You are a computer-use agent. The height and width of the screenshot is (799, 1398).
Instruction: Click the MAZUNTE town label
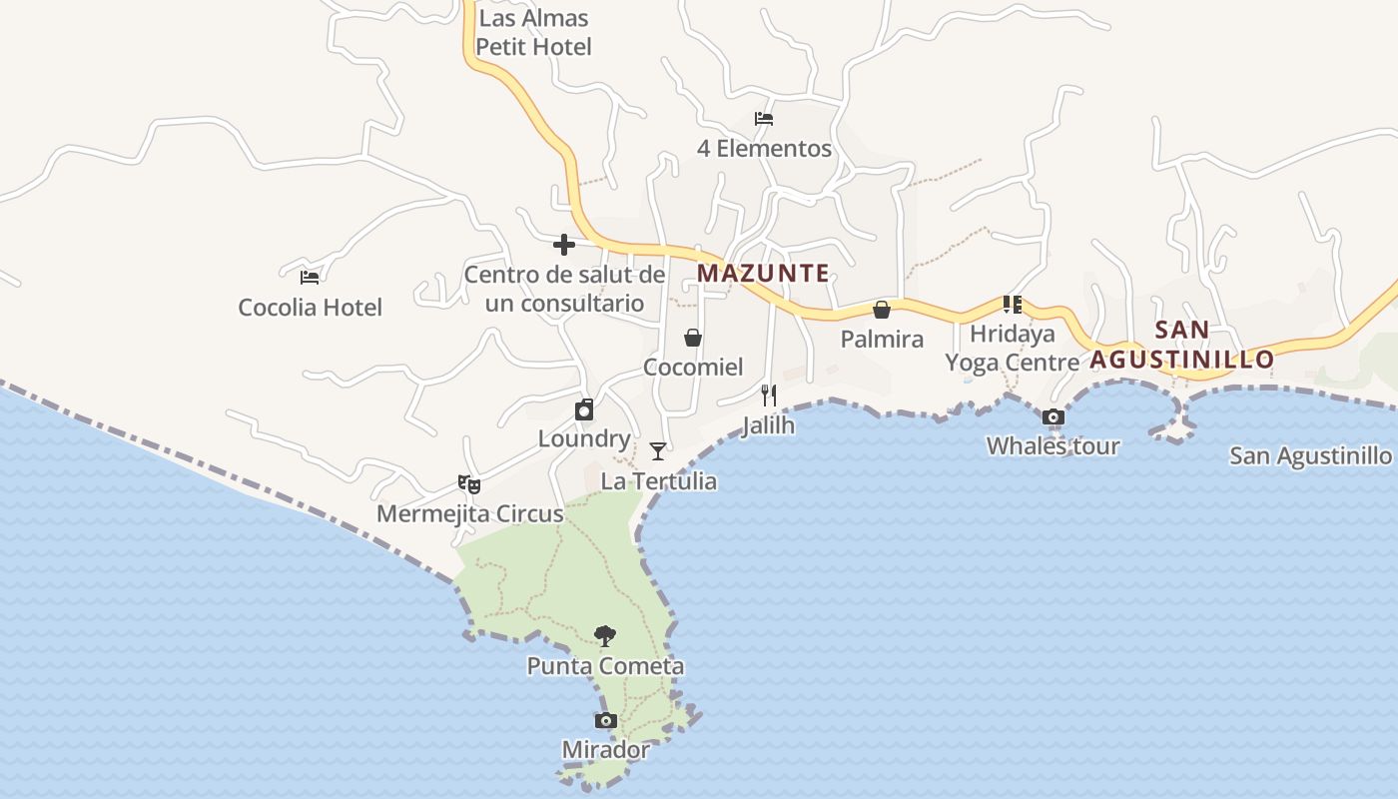(x=763, y=273)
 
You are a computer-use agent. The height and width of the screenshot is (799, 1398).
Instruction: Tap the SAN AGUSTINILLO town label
(x=1182, y=345)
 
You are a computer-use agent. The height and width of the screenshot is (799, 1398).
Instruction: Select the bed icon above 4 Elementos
(x=764, y=119)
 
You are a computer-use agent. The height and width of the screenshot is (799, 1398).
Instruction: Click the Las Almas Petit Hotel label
(x=533, y=32)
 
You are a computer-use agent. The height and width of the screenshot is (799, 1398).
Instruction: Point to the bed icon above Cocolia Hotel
(x=310, y=277)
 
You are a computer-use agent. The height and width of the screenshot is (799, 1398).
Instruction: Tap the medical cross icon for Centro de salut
(x=564, y=245)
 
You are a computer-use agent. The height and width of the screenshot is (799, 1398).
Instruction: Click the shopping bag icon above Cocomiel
(x=693, y=338)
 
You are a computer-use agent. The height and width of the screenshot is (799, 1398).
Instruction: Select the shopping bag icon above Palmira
(x=882, y=310)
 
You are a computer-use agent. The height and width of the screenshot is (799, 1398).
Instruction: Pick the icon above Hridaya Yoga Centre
(x=1013, y=305)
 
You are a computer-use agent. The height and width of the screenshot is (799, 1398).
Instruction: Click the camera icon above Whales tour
(x=1052, y=417)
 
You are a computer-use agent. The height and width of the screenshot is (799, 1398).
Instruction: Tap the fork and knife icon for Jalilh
(x=768, y=396)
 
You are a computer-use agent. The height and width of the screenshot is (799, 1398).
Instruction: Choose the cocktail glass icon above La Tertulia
(x=657, y=451)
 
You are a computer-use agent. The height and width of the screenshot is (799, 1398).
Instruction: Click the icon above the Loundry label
(x=584, y=409)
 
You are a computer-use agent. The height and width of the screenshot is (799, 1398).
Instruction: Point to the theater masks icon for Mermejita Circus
(x=469, y=484)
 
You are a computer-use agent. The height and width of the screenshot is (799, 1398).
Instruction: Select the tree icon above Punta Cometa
(x=604, y=636)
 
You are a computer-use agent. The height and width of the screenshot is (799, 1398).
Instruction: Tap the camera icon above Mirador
(x=605, y=720)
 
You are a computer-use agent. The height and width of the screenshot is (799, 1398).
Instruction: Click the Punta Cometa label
(x=605, y=666)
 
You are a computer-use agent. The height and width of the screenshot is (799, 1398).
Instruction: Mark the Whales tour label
(x=1052, y=446)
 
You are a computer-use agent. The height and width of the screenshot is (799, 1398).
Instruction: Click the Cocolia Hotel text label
(x=310, y=308)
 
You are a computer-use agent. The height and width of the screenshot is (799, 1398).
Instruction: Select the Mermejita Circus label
(x=469, y=514)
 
